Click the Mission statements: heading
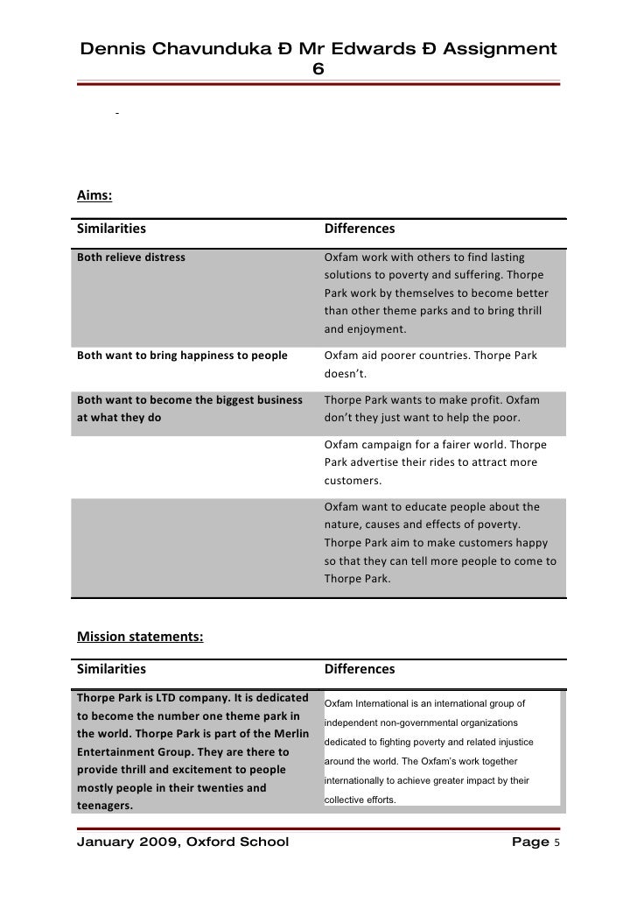140,637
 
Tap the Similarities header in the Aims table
111,229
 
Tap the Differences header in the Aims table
360,229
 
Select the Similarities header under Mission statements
111,670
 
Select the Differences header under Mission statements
360,670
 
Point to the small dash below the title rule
115,114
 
